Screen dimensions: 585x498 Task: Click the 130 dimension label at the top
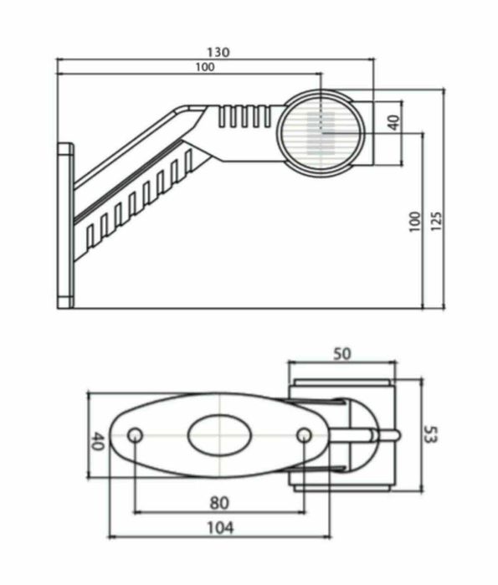(x=218, y=52)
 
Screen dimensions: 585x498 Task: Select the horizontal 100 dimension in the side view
(x=203, y=67)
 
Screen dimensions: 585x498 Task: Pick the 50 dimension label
(x=341, y=354)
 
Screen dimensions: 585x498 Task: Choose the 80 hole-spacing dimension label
(x=218, y=504)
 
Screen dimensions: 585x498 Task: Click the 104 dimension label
(x=218, y=527)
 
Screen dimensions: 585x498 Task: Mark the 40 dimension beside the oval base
(x=97, y=441)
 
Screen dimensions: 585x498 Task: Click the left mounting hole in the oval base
(x=136, y=435)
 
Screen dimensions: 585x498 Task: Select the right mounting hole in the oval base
(x=305, y=435)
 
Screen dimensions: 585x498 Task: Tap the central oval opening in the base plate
(x=218, y=435)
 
